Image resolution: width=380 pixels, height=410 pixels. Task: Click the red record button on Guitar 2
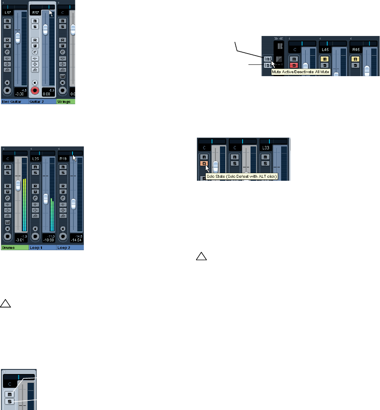35,90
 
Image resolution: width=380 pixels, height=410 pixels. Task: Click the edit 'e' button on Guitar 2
35,52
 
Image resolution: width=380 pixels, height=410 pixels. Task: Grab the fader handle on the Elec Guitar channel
18,38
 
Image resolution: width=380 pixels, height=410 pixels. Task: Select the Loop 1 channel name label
42,248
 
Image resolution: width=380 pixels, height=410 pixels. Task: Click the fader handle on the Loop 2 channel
73,204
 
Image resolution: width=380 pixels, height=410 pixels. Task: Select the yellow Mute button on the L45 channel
324,59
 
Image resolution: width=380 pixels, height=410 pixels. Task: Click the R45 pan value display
357,49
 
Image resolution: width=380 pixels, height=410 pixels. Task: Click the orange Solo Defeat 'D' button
204,164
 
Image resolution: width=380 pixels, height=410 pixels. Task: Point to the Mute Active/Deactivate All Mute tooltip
301,72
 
